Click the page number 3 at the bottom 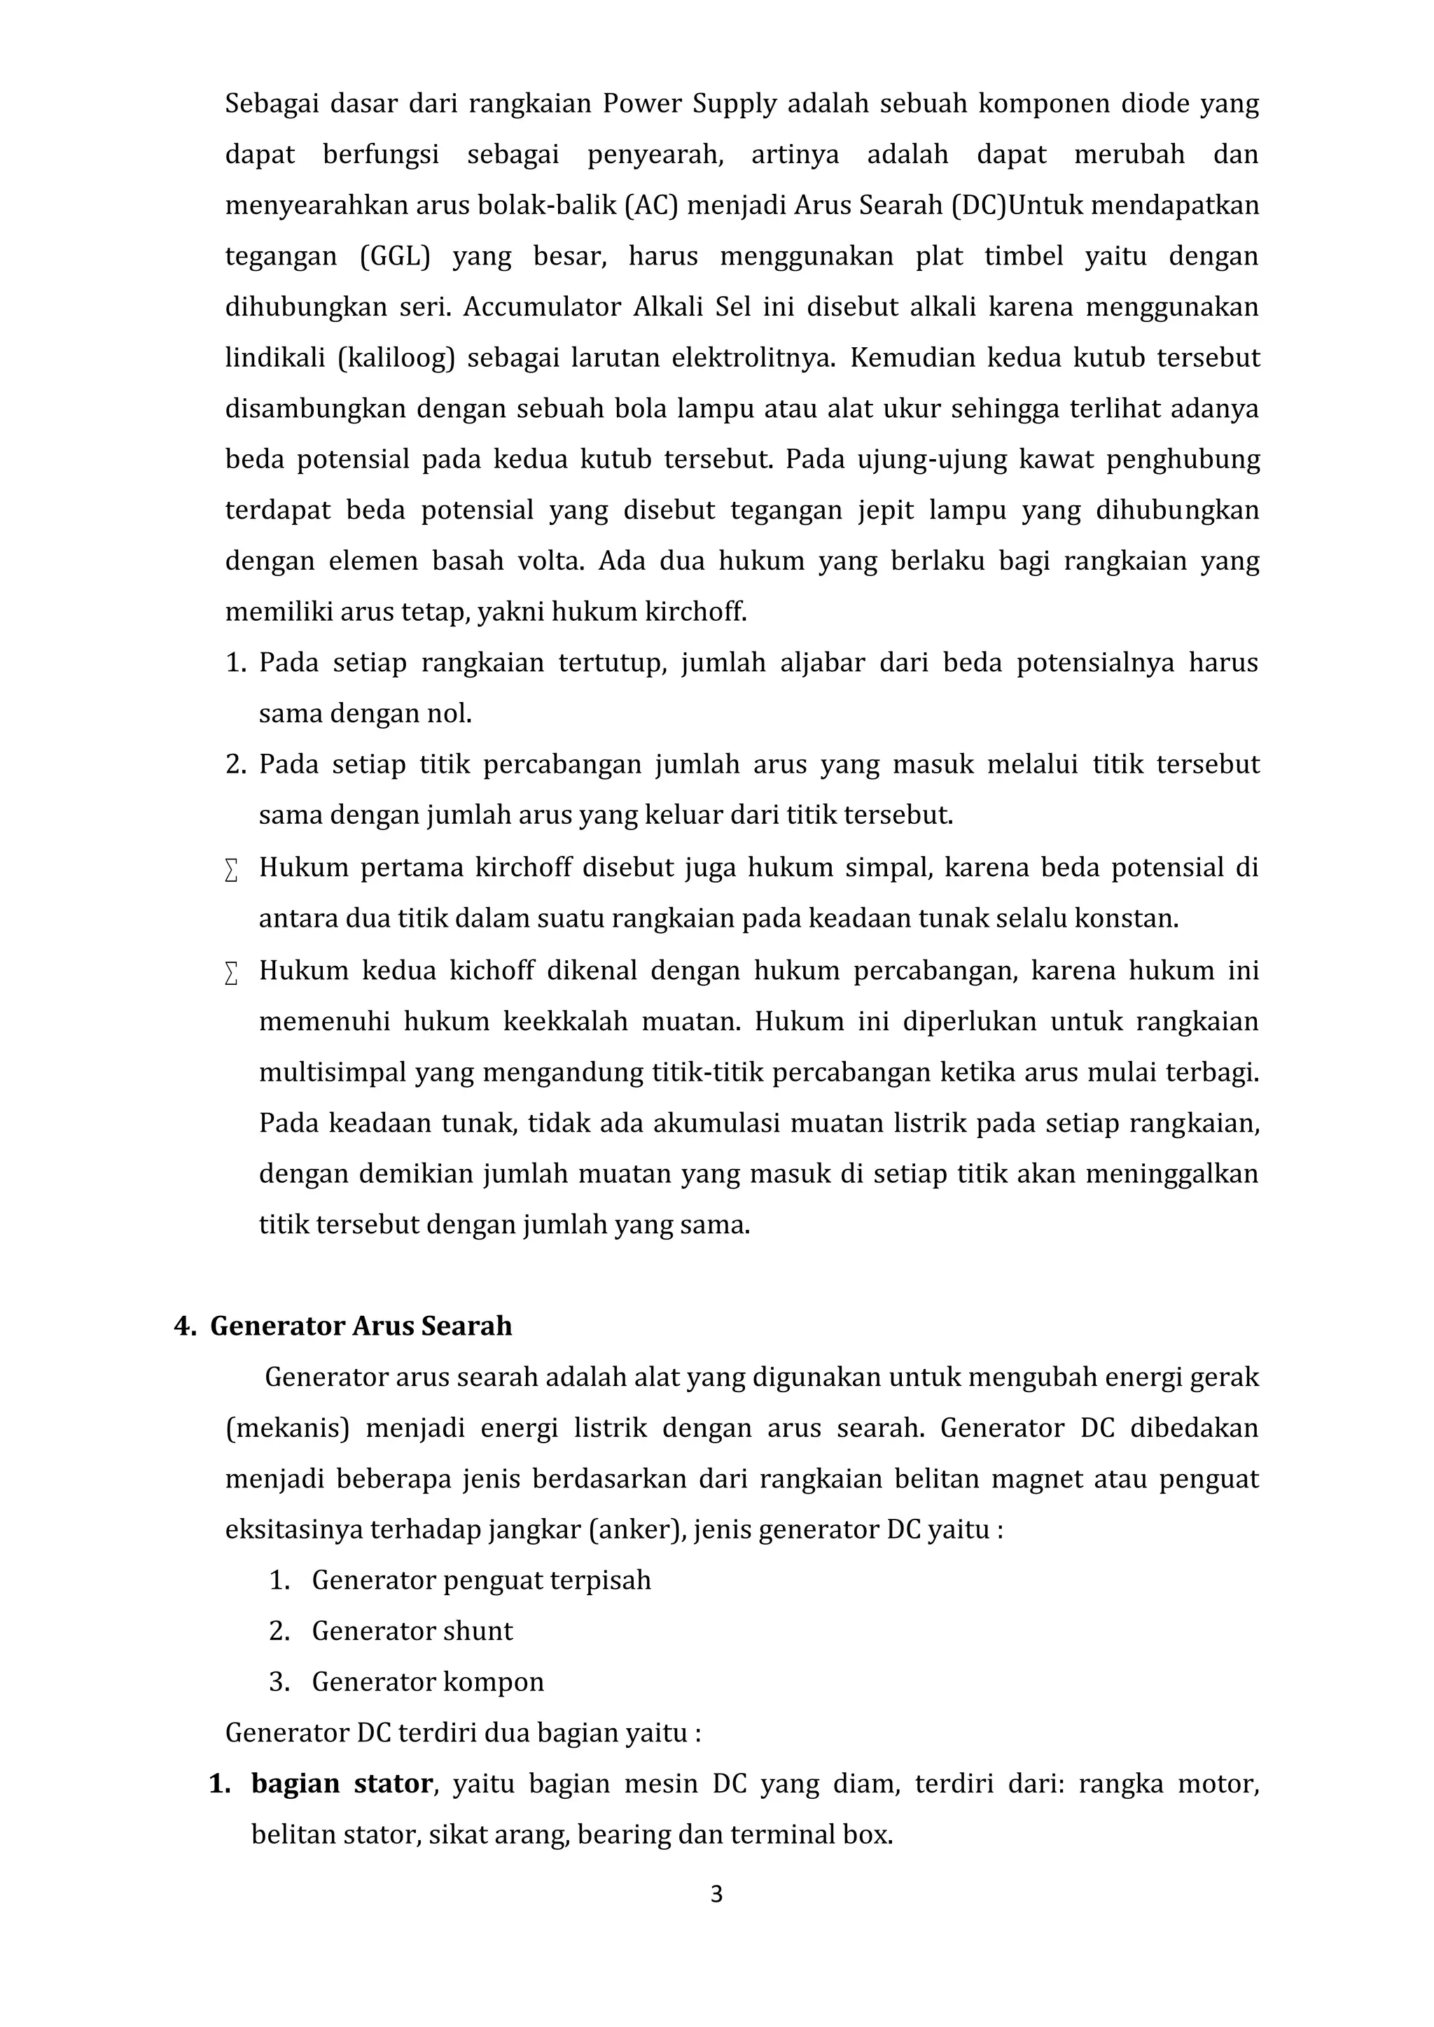coord(716,1919)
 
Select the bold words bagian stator coord(342,1783)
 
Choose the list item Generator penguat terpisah coord(481,1580)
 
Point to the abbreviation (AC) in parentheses coord(652,206)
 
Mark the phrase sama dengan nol coord(365,713)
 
